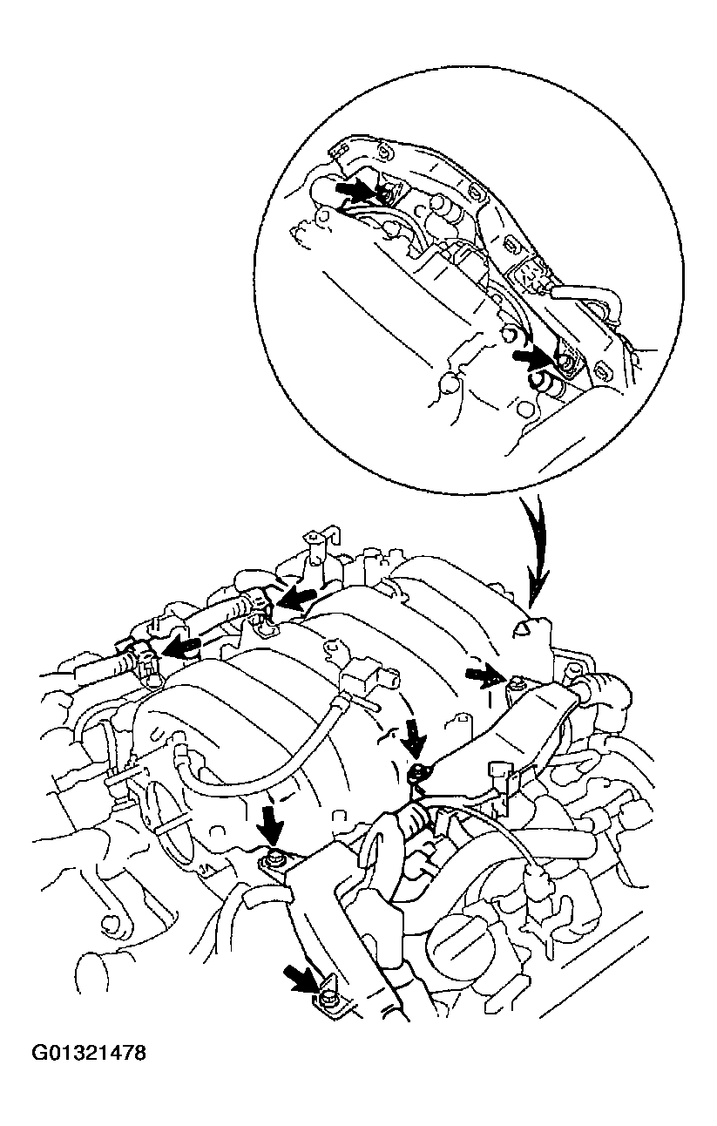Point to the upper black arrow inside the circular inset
355,187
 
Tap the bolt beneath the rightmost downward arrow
420,770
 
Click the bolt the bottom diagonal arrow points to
328,1001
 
